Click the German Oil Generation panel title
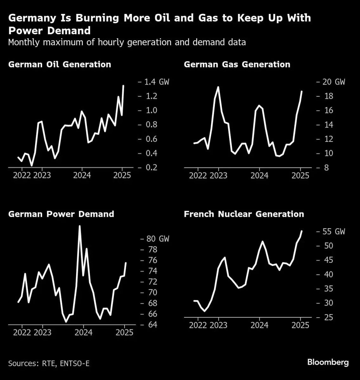[x=60, y=65]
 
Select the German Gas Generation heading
[x=237, y=65]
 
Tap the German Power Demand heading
[x=61, y=214]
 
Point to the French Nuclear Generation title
[x=244, y=214]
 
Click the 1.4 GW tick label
[x=157, y=82]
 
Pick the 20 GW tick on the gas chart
[x=333, y=82]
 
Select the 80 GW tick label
[x=157, y=239]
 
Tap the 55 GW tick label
[x=333, y=231]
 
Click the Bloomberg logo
[x=328, y=362]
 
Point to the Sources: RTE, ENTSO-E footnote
[x=49, y=363]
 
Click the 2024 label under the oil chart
[x=82, y=175]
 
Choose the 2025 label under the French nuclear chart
[x=300, y=325]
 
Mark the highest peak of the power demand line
[x=80, y=226]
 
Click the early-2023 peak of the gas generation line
[x=218, y=87]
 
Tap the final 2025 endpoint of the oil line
[x=123, y=85]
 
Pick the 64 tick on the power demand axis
[x=152, y=325]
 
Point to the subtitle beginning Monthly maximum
[x=127, y=42]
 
